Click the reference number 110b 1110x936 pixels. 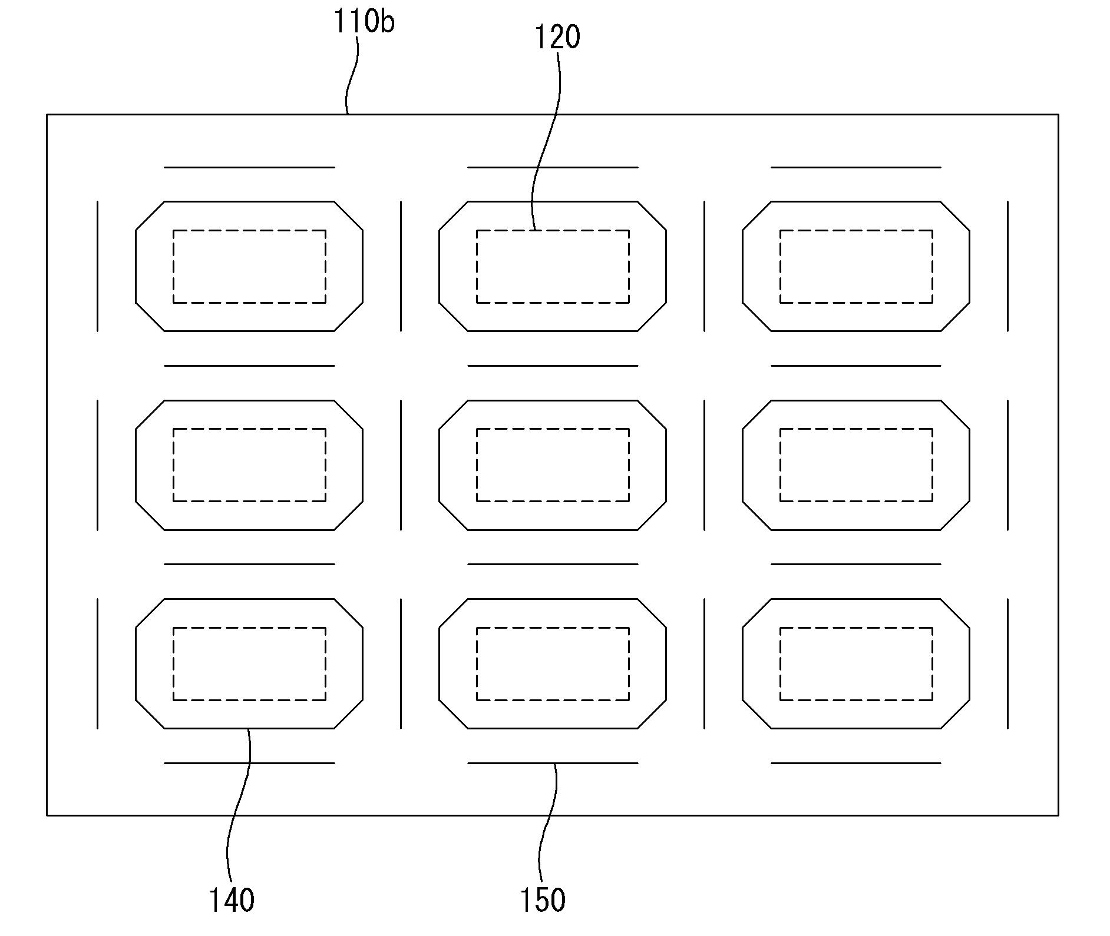pos(364,22)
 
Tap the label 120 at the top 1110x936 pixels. pos(557,37)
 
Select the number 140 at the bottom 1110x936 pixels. pos(232,900)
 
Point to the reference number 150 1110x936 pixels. pos(543,900)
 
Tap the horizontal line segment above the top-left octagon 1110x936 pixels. pos(249,167)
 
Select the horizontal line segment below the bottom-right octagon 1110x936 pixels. pos(856,763)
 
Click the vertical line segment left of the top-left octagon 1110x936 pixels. pos(97,266)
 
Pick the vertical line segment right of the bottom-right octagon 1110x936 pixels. pos(1007,663)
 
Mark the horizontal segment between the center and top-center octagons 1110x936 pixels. pos(553,366)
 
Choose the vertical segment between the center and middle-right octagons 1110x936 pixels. pos(704,465)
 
